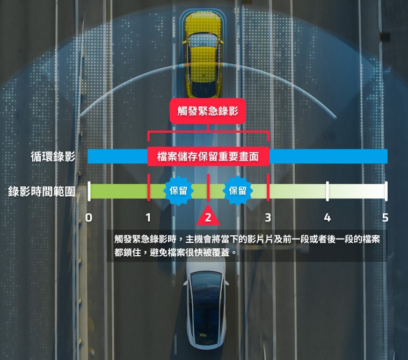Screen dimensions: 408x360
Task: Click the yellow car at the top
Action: click(x=203, y=55)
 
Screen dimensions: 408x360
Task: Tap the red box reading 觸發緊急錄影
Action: click(x=208, y=111)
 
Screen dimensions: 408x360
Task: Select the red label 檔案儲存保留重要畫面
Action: click(x=208, y=157)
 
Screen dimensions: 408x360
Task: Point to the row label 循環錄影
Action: click(x=53, y=156)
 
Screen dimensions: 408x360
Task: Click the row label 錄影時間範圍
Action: click(x=42, y=191)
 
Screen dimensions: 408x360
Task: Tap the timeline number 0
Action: click(x=89, y=218)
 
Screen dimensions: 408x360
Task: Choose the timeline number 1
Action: click(x=148, y=218)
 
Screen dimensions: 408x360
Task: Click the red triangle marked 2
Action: click(x=208, y=215)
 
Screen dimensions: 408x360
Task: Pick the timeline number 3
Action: click(x=268, y=218)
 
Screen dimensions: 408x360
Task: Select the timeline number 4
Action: click(x=327, y=218)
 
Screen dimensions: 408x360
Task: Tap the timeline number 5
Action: click(x=385, y=218)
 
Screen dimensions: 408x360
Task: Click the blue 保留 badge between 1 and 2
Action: click(x=178, y=191)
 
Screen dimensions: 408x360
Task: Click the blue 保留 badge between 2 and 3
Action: click(x=238, y=191)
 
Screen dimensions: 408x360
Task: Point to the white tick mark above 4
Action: click(x=327, y=191)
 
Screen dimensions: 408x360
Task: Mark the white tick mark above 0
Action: click(x=89, y=191)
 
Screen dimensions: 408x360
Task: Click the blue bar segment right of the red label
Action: click(x=329, y=156)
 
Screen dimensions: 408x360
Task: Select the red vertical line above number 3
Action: click(x=268, y=188)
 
